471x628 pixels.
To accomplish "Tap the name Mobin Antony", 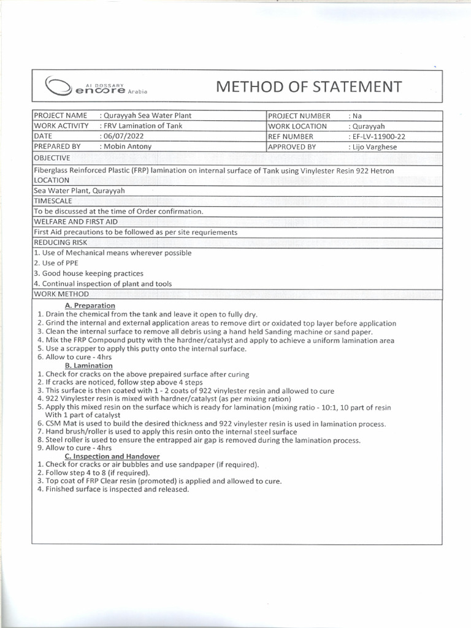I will [128, 147].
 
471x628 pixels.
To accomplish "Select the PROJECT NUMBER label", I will [299, 115].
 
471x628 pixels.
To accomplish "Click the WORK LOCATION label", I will [297, 126].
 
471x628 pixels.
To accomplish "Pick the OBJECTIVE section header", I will [53, 158].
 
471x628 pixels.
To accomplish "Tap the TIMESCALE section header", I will [53, 201].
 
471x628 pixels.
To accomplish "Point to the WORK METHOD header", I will [58, 294].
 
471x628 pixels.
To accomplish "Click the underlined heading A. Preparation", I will [90, 305].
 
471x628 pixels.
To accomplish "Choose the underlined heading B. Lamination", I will [89, 366].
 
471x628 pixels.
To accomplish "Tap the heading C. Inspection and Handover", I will [112, 456].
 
